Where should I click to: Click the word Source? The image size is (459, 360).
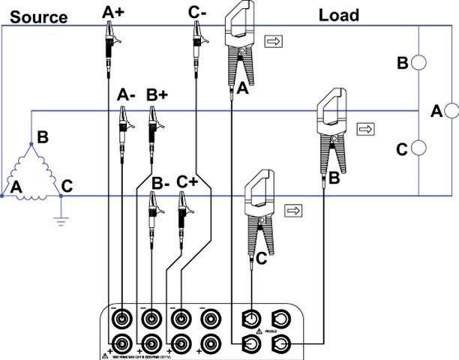point(38,16)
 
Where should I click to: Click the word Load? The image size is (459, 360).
point(339,14)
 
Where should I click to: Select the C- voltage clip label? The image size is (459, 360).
point(198,10)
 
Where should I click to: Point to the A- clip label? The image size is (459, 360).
point(127,95)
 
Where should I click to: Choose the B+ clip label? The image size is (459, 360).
point(157,95)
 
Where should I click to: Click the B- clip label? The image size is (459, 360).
point(160,182)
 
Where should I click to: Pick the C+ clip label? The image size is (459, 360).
point(187,182)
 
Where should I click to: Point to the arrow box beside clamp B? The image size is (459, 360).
point(366,129)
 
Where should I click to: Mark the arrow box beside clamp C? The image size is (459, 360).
point(294,209)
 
